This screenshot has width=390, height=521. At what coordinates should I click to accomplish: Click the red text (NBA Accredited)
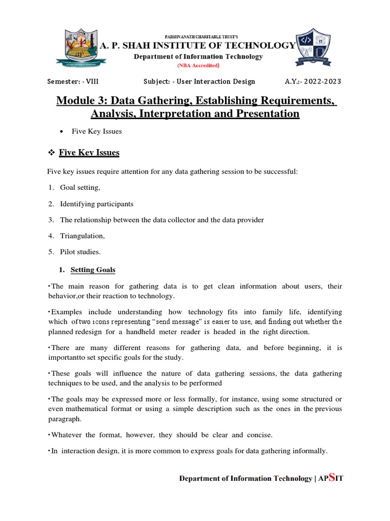(198, 66)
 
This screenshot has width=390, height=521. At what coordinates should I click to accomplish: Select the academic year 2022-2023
(320, 81)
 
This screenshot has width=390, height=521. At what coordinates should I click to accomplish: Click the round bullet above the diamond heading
(61, 132)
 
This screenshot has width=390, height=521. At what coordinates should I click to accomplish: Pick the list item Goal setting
(80, 188)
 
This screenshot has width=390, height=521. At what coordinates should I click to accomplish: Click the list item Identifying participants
(96, 204)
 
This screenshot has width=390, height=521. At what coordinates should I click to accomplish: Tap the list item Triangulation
(82, 236)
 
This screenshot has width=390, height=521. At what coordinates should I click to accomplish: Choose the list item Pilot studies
(80, 252)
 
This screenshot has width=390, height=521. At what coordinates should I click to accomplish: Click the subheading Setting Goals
(93, 270)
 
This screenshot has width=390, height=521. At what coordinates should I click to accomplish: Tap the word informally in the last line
(310, 451)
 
